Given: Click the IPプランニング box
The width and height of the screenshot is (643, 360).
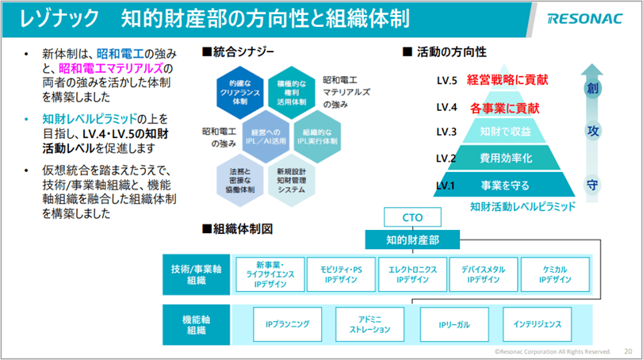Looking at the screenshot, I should (287, 324).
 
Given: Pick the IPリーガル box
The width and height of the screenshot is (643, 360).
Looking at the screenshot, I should (454, 324).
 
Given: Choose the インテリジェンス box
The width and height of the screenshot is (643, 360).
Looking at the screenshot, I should (537, 324).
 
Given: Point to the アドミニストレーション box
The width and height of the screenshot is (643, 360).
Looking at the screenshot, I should (369, 324).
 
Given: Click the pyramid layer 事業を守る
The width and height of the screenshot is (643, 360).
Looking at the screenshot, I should (504, 186).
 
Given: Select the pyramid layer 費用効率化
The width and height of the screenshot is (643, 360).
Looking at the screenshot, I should (505, 158).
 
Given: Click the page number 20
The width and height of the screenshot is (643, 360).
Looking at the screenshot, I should (628, 350).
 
